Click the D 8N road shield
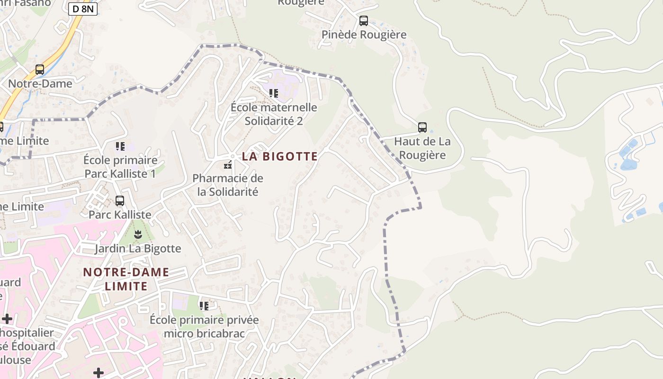pos(83,9)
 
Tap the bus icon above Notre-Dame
pos(40,70)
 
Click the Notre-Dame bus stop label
pos(40,84)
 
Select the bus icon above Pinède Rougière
pos(363,21)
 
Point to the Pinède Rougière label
pos(364,35)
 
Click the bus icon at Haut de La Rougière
pos(422,127)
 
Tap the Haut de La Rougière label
pos(422,148)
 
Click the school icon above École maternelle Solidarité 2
pos(274,93)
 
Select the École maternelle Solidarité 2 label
pos(274,114)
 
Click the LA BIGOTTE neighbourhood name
pos(280,156)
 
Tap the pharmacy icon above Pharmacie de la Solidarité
pos(228,165)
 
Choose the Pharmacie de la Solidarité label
pos(228,185)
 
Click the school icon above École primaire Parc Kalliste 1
pos(120,146)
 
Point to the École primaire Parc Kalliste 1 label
pos(120,167)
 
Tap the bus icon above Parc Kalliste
pos(120,200)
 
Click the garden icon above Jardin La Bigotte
pos(138,234)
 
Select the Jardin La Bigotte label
pos(138,248)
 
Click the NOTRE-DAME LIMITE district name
pos(126,279)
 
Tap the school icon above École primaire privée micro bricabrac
pos(204,306)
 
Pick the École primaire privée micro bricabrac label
pos(204,326)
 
